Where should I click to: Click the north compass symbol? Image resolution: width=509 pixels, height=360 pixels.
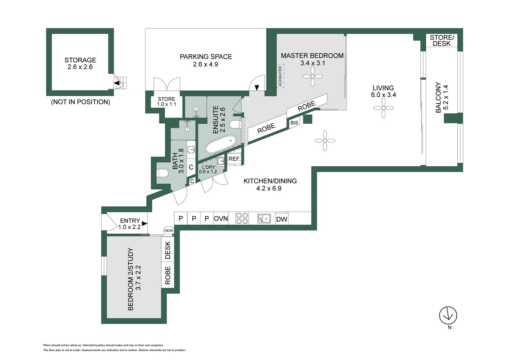click(448, 315)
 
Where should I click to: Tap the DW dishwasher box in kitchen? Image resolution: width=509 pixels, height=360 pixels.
click(281, 219)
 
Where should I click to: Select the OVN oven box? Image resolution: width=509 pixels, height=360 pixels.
click(221, 218)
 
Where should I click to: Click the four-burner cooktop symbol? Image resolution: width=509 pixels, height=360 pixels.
click(242, 218)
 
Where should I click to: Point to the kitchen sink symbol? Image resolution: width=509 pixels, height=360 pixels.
click(264, 219)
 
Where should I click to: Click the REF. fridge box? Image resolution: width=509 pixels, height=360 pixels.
click(234, 159)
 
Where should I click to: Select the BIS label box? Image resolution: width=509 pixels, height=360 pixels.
click(294, 123)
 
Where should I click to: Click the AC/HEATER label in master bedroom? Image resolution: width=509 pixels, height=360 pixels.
click(280, 76)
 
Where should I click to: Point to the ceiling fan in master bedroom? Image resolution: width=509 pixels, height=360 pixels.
click(312, 77)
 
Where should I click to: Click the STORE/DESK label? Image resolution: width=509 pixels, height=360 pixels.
click(442, 40)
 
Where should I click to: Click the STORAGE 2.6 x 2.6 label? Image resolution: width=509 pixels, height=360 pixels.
click(80, 63)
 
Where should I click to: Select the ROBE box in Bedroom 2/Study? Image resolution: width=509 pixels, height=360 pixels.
click(168, 275)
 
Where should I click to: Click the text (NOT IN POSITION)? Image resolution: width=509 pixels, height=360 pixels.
click(80, 102)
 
